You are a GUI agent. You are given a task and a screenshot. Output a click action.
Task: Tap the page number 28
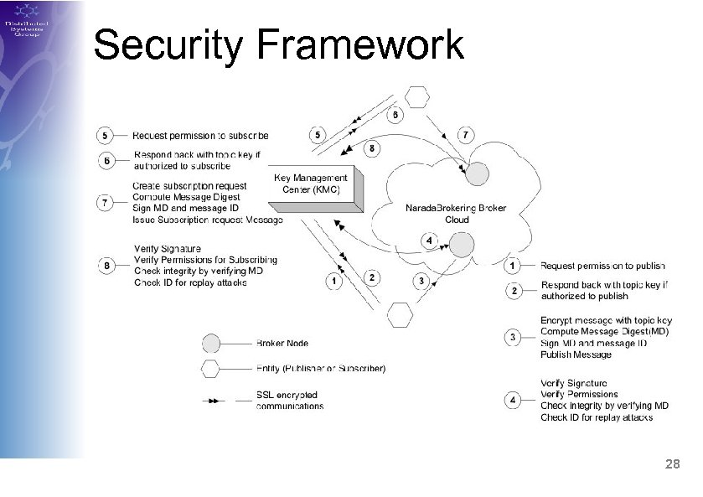[x=671, y=463]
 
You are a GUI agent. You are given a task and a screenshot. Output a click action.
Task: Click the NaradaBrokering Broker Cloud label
[x=456, y=213]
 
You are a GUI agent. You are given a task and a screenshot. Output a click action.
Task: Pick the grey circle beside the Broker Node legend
[x=211, y=343]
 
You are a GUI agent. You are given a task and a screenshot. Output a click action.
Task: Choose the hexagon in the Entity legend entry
[x=211, y=369]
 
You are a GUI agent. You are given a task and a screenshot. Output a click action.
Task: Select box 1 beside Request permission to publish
[x=513, y=266]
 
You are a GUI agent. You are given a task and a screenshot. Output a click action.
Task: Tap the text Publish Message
[x=576, y=355]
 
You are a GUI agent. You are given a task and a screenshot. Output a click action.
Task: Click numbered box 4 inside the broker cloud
[x=429, y=241]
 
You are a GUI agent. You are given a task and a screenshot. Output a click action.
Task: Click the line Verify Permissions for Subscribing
[x=205, y=260]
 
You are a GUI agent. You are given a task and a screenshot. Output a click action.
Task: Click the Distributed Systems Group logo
[x=27, y=21]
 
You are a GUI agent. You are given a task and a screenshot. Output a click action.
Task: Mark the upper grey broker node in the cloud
[x=477, y=173]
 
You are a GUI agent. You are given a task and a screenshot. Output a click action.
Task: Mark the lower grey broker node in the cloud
[x=462, y=245]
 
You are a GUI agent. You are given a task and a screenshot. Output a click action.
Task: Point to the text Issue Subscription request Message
[x=208, y=220]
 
